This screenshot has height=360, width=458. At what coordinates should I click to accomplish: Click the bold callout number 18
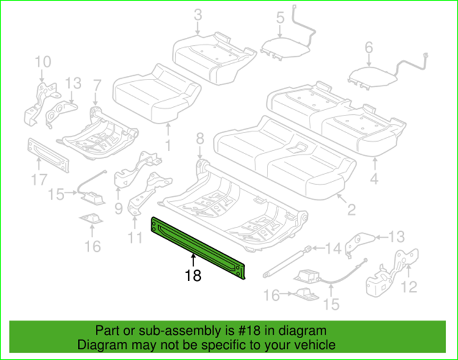(x=193, y=275)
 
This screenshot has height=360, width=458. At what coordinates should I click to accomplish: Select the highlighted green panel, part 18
(x=198, y=248)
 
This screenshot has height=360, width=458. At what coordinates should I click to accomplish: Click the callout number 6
(x=368, y=47)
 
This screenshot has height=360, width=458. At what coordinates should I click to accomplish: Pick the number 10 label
(x=43, y=62)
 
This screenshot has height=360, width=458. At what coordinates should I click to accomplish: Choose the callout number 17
(x=38, y=179)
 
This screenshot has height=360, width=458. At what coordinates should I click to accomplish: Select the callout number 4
(x=374, y=179)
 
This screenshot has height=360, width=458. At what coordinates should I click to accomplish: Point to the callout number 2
(x=351, y=211)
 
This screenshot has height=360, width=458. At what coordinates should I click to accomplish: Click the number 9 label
(x=118, y=208)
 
